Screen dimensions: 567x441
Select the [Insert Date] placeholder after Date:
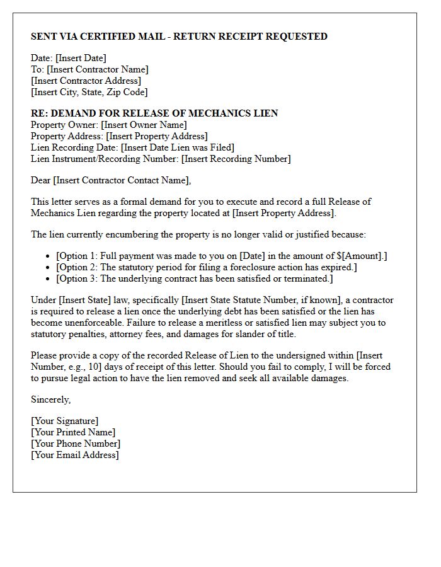pyautogui.click(x=81, y=59)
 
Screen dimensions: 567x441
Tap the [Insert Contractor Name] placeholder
pyautogui.click(x=98, y=70)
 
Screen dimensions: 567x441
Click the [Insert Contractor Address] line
pyautogui.click(x=86, y=81)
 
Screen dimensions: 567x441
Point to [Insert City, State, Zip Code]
pyautogui.click(x=89, y=93)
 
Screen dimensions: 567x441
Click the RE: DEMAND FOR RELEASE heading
pyautogui.click(x=154, y=113)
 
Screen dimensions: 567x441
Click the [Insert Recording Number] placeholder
pyautogui.click(x=236, y=159)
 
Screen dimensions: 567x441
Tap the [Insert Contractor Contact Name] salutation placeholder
pyautogui.click(x=122, y=180)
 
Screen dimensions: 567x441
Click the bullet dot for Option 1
pyautogui.click(x=49, y=256)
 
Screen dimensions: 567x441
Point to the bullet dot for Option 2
pyautogui.click(x=49, y=267)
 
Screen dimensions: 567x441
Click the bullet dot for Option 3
pyautogui.click(x=49, y=278)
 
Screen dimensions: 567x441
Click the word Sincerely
pyautogui.click(x=50, y=399)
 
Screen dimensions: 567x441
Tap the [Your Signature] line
pyautogui.click(x=64, y=421)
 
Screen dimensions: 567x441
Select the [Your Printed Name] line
pyautogui.click(x=73, y=432)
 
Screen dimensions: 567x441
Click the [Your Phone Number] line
pyautogui.click(x=74, y=444)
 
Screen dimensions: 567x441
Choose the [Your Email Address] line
pyautogui.click(x=74, y=455)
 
